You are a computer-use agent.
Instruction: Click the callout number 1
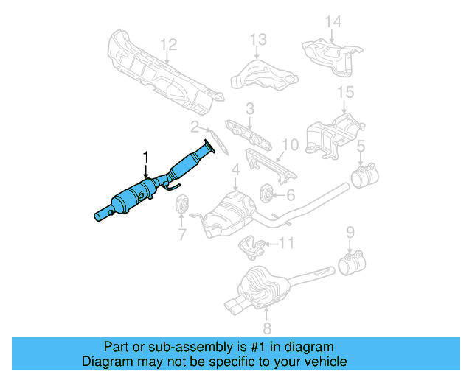coord(146,157)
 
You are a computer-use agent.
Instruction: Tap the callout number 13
coord(257,39)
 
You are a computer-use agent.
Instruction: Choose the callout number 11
coord(287,242)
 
